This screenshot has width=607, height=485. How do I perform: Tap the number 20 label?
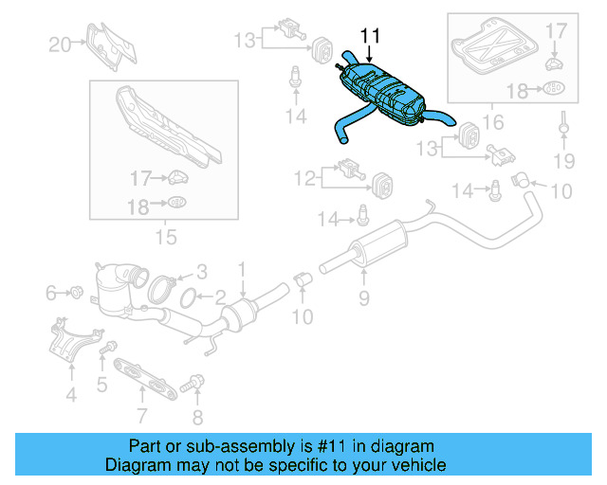[60, 43]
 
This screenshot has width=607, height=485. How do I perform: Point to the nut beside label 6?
[75, 293]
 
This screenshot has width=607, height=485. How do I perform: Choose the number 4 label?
[71, 395]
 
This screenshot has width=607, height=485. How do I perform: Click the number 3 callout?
[200, 271]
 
